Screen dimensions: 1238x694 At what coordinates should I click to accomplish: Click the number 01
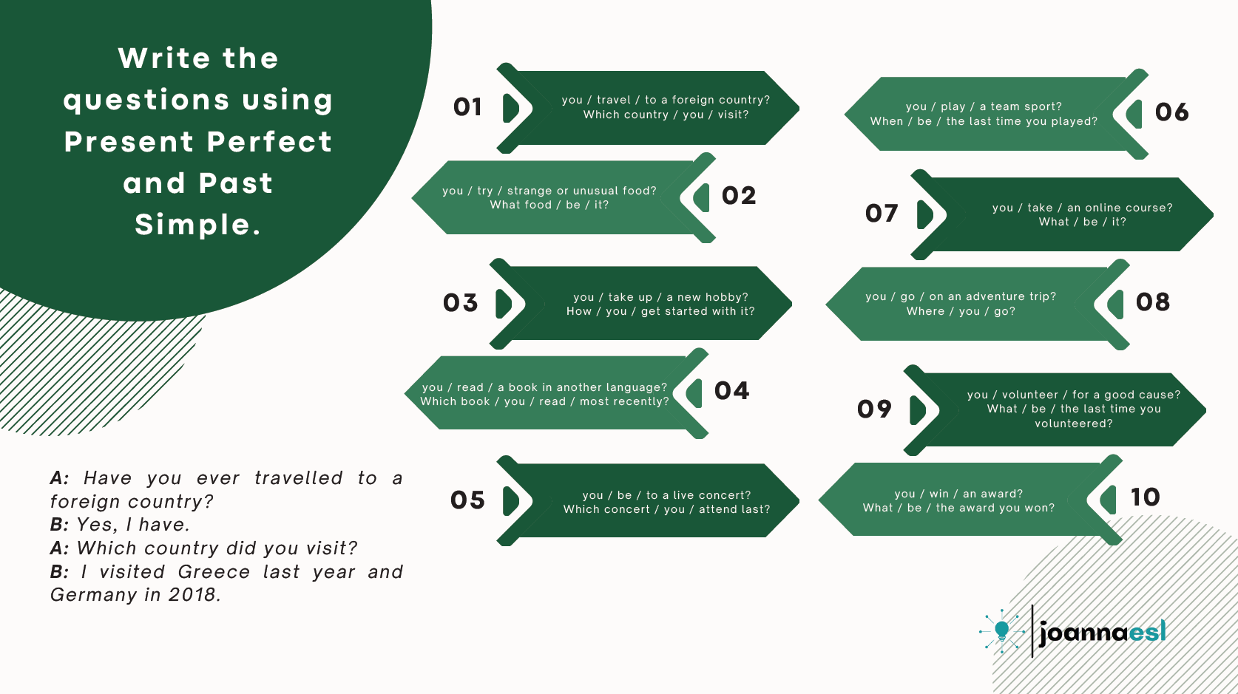pyautogui.click(x=467, y=107)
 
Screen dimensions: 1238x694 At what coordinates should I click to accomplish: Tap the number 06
pyautogui.click(x=1171, y=112)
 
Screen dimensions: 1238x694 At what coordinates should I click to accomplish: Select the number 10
pyautogui.click(x=1145, y=497)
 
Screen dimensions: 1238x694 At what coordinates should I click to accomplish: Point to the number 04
pyautogui.click(x=731, y=391)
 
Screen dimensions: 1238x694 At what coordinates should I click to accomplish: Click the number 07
pyautogui.click(x=882, y=214)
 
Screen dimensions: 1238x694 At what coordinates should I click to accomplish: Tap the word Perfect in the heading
pyautogui.click(x=270, y=141)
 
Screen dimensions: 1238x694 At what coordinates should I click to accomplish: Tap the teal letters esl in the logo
pyautogui.click(x=1147, y=632)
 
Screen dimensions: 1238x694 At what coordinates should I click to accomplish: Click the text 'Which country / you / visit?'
pyautogui.click(x=666, y=115)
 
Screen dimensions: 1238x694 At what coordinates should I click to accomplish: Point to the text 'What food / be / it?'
pyautogui.click(x=549, y=205)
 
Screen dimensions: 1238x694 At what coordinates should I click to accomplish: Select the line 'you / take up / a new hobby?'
pyautogui.click(x=660, y=296)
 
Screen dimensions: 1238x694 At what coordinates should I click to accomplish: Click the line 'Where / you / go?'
pyautogui.click(x=961, y=311)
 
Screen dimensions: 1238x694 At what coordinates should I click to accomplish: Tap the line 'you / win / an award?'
pyautogui.click(x=959, y=494)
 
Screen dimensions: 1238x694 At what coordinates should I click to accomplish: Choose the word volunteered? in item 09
pyautogui.click(x=1074, y=423)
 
